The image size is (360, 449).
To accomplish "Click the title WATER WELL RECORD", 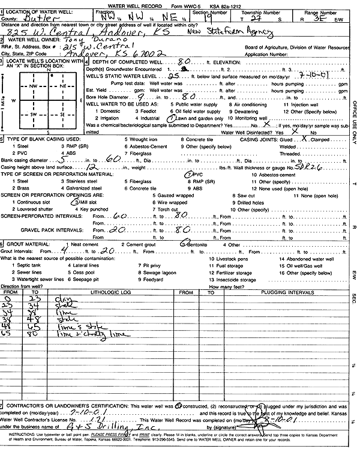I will pyautogui.click(x=144, y=4).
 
